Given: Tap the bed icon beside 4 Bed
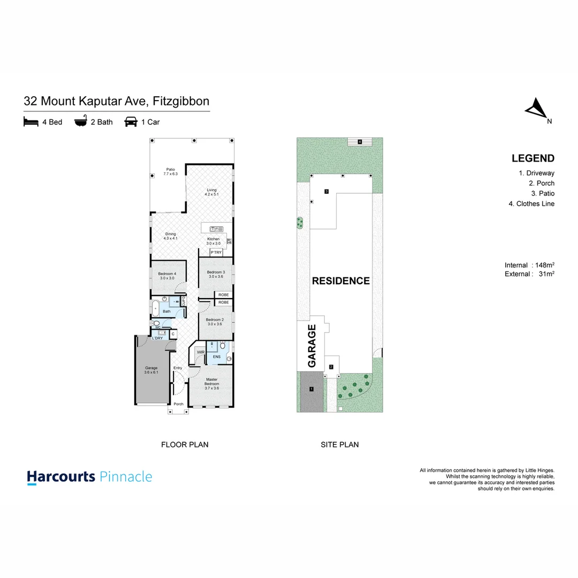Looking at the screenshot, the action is point(31,122).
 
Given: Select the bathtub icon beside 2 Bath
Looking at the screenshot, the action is point(81,122).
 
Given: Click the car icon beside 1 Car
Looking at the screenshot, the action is point(131,122).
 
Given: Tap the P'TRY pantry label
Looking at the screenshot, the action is point(216,252).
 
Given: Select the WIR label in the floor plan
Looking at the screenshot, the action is point(200,352).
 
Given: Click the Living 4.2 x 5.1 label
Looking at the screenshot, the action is point(212,192).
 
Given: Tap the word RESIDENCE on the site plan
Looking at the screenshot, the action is point(341,281).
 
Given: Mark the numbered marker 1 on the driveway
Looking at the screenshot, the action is point(311,389).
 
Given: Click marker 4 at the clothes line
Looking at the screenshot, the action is point(360,142).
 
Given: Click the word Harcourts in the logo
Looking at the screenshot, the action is point(61,477).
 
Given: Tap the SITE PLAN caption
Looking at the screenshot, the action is point(340,444).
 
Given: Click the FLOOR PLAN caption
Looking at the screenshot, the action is point(185,444).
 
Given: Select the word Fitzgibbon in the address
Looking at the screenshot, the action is point(181,101).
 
